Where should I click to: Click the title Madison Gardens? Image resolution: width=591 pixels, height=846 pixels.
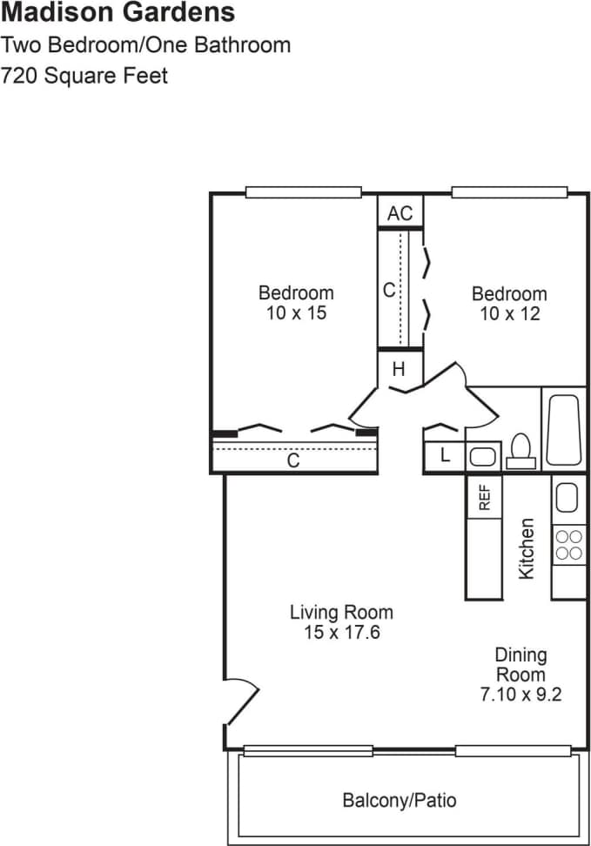coord(118,13)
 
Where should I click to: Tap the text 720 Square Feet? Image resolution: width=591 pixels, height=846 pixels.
coord(84,76)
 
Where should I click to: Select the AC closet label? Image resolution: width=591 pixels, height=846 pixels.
coord(400,213)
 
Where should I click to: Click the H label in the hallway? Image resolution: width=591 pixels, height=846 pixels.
coord(399,369)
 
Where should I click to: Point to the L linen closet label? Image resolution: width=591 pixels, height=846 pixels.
coord(445,455)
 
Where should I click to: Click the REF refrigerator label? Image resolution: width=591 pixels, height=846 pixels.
coord(485,497)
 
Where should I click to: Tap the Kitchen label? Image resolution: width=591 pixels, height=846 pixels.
coord(527,548)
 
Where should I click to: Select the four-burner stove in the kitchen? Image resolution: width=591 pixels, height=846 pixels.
coord(569,545)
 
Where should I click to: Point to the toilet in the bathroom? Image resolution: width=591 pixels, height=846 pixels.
coord(521,450)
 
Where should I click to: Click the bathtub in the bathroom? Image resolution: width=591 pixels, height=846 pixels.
coord(565,431)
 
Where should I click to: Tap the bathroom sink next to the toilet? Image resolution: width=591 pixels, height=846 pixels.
coord(481,456)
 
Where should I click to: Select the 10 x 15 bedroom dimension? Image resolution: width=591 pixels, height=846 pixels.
coord(296,313)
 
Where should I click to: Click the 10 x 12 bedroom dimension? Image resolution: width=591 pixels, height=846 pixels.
coord(509,313)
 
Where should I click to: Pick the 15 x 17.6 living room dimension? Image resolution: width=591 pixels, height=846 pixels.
coord(341,633)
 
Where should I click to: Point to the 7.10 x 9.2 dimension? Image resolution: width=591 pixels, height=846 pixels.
coord(520,695)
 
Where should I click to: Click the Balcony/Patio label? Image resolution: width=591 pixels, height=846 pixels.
coord(399,800)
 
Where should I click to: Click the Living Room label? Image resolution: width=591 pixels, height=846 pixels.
coord(341,612)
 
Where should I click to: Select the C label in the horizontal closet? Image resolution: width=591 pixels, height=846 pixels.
coord(293,461)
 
